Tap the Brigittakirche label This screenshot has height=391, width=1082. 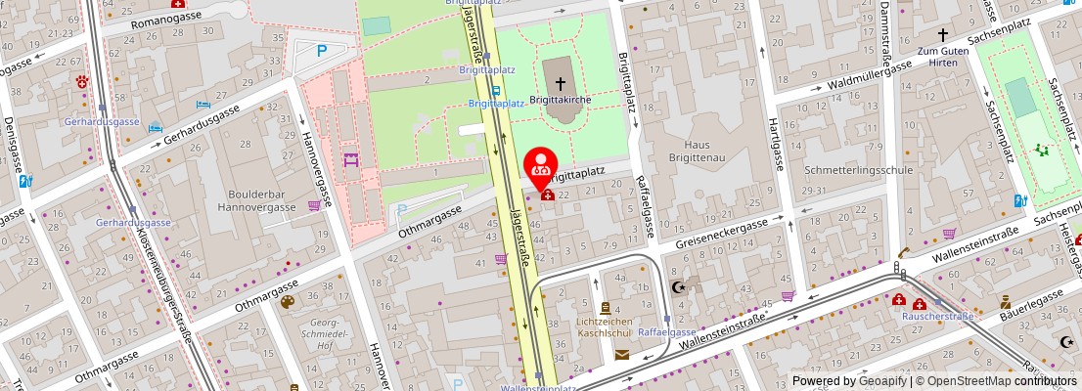coord(562,100)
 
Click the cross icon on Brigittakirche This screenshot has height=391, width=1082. coord(562,85)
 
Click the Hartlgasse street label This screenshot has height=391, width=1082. coord(778,141)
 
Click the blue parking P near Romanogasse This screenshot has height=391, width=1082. coord(323,51)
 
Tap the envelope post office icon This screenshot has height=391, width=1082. coord(622,354)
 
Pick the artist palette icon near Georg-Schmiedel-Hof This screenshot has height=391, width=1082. coord(288,302)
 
